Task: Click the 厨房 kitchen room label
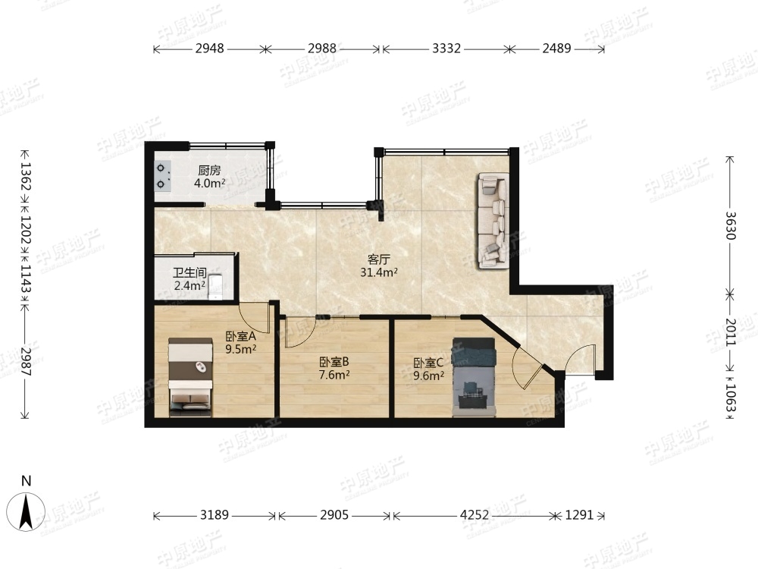209,170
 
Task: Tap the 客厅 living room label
378,259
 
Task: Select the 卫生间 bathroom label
189,273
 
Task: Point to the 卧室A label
240,336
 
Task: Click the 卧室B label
334,361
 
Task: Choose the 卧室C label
428,363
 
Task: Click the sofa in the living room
493,221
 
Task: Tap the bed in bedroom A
190,377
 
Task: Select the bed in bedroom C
474,377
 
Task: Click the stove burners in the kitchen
162,176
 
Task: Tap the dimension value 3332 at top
446,49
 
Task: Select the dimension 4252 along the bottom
475,515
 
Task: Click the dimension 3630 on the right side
730,225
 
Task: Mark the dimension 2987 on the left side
26,363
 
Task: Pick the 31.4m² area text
378,272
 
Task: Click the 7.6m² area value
334,374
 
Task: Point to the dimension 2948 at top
210,49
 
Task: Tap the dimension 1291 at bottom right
579,515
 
